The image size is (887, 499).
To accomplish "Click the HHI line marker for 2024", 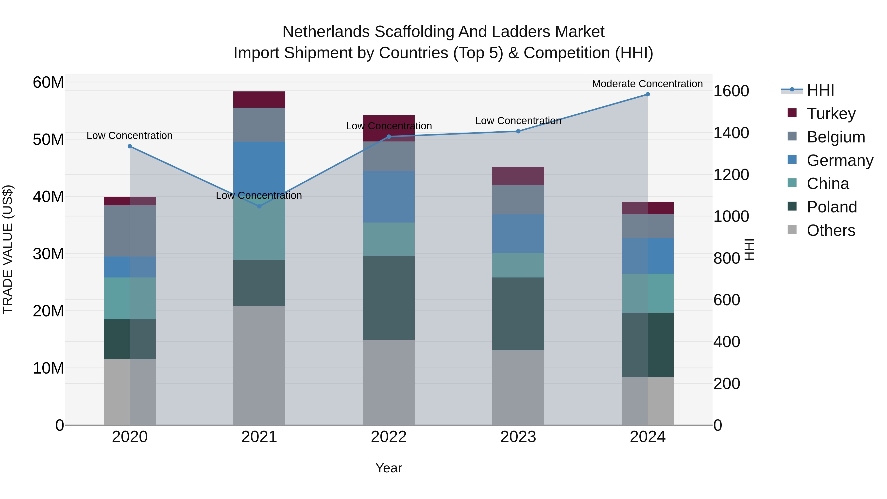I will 647,94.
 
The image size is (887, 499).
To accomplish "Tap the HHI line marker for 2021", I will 259,206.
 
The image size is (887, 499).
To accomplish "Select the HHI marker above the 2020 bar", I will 130,146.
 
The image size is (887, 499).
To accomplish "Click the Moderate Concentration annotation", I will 647,84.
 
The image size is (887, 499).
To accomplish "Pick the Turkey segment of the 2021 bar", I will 259,100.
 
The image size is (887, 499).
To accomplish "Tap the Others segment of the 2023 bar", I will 518,387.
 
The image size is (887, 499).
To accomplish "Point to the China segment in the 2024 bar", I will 647,293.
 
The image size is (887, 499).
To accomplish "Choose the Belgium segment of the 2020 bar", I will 130,231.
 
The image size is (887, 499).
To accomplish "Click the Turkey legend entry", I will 831,114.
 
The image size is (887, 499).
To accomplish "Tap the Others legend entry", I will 831,230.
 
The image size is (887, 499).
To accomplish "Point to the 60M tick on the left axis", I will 48,83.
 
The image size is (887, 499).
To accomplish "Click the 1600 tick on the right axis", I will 731,91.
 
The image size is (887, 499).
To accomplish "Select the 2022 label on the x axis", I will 389,437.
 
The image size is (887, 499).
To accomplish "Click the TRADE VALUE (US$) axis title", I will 8,249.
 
